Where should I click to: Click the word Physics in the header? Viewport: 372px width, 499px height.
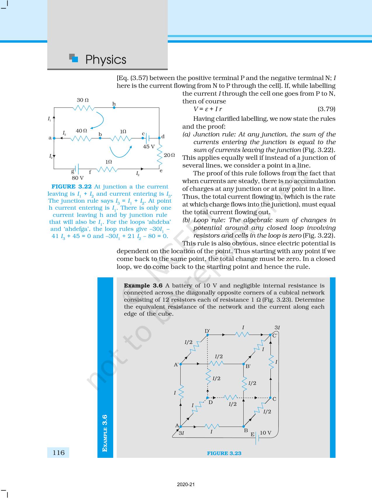pos(106,60)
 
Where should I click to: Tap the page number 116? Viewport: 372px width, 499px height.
pos(58,453)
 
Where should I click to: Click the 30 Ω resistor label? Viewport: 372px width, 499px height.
pos(83,100)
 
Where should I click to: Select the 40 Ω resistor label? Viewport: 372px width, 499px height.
pos(81,131)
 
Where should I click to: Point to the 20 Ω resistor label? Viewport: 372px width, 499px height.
pos(169,155)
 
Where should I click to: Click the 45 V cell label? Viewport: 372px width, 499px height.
pos(149,147)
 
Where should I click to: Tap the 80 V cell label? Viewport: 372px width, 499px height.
pos(78,178)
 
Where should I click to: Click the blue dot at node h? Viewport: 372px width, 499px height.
pos(114,107)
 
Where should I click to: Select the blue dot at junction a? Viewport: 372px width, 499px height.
pos(54,138)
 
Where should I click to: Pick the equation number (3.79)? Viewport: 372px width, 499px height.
pos(326,109)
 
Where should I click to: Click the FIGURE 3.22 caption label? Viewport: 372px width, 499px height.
pos(71,187)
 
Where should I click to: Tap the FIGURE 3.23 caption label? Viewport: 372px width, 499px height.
pos(224,453)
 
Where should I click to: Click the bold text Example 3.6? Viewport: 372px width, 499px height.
pos(143,286)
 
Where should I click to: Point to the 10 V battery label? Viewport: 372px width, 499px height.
pos(265,433)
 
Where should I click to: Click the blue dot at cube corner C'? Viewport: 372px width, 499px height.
pos(270,335)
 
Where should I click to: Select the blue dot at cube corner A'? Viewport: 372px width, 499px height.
pos(181,364)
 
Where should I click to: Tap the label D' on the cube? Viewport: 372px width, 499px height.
pos(207,331)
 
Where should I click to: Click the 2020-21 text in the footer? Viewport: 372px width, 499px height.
pos(186,484)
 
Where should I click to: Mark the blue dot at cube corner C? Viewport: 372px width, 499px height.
pos(270,398)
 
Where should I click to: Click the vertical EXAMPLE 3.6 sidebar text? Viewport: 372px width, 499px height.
pos(105,433)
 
